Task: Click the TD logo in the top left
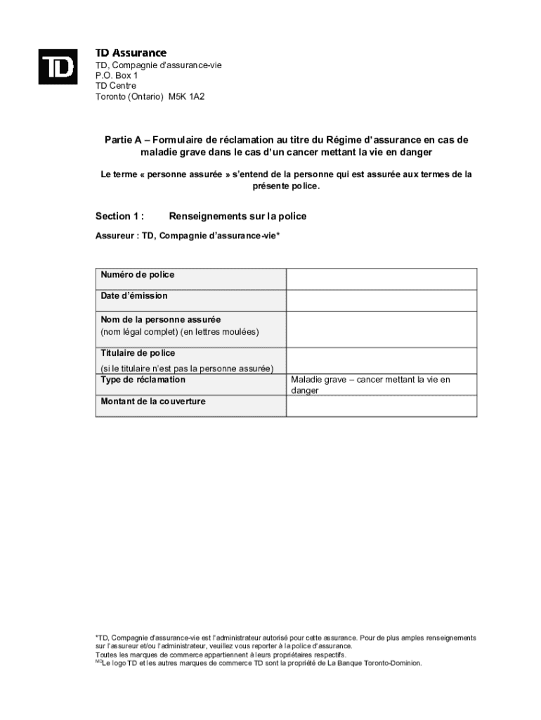click(58, 66)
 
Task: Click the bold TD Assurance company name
click(131, 53)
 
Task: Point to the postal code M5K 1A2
click(186, 97)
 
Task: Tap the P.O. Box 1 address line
click(117, 75)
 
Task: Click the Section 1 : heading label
click(120, 217)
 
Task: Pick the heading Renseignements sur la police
click(237, 217)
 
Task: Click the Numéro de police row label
click(138, 275)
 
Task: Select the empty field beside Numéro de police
click(382, 278)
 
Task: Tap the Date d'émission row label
click(134, 296)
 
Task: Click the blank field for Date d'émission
click(382, 300)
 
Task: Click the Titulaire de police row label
click(138, 353)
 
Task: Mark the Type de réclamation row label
click(143, 380)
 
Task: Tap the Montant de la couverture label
click(153, 401)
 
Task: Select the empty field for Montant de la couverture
click(382, 406)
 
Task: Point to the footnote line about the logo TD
click(261, 663)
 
